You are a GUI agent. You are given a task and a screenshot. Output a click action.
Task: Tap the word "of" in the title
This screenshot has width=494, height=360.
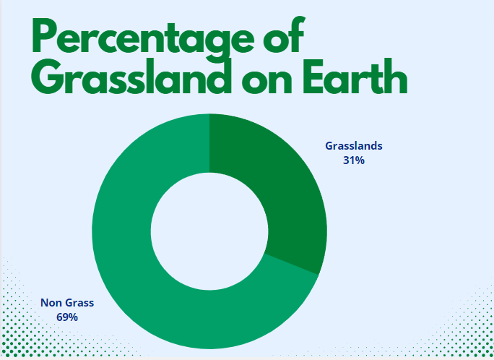pos(284,34)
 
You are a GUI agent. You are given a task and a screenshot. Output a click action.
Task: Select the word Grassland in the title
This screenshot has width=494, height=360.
pos(131,77)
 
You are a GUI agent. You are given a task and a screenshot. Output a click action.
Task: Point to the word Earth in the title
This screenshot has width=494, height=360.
pos(355,77)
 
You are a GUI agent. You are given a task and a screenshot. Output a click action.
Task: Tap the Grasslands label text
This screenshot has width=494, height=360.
pos(354,146)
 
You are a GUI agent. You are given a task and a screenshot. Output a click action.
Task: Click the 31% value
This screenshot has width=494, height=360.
pos(354,160)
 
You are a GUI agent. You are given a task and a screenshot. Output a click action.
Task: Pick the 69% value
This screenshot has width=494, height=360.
pos(67,317)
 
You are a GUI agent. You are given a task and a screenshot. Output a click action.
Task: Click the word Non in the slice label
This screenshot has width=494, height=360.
pos(51,303)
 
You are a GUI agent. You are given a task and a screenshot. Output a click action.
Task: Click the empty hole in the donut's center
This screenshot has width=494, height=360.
pos(209,231)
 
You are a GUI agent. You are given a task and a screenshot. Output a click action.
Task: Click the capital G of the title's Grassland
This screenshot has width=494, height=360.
pos(48,77)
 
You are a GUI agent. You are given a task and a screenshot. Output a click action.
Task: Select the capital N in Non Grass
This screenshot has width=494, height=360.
pos(45,303)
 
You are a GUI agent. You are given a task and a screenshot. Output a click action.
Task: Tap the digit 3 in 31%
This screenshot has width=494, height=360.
pos(346,160)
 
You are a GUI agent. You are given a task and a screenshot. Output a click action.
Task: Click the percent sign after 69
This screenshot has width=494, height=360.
pos(73,317)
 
